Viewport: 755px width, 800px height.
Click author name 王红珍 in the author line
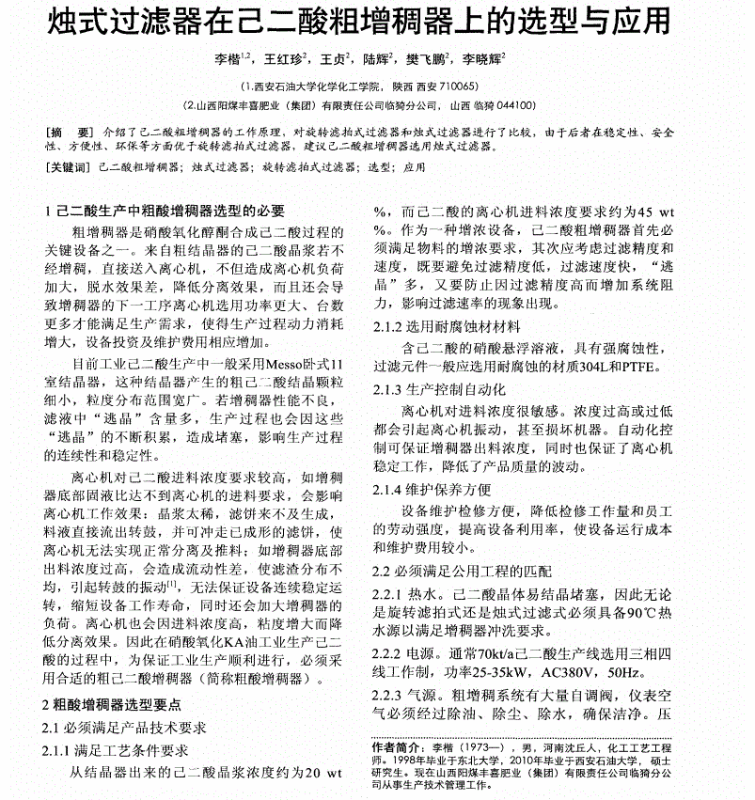[x=284, y=61]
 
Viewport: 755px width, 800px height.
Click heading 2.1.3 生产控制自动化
[x=439, y=388]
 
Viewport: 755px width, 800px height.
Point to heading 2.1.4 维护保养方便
[x=433, y=490]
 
